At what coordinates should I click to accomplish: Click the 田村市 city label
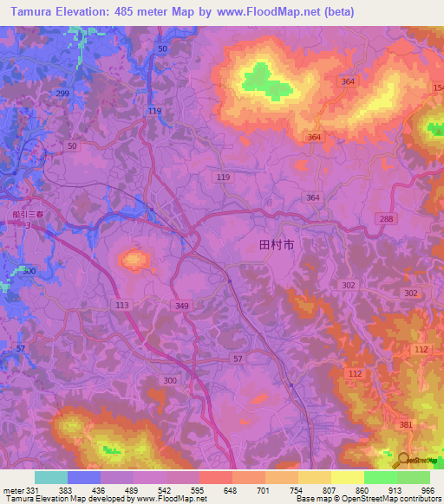(x=277, y=246)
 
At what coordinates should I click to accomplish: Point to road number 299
(x=62, y=93)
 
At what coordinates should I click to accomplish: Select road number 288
(x=386, y=218)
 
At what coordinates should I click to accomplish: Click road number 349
(x=181, y=306)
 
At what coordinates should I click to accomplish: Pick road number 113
(x=121, y=305)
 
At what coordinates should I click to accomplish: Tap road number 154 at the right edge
(x=438, y=88)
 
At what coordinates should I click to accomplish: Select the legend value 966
(x=426, y=490)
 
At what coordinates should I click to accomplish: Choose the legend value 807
(x=330, y=490)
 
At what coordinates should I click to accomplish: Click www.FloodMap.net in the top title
(x=265, y=11)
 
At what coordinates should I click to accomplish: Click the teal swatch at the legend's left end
(x=50, y=477)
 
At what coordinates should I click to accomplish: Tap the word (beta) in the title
(x=336, y=11)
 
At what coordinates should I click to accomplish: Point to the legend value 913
(x=395, y=490)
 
